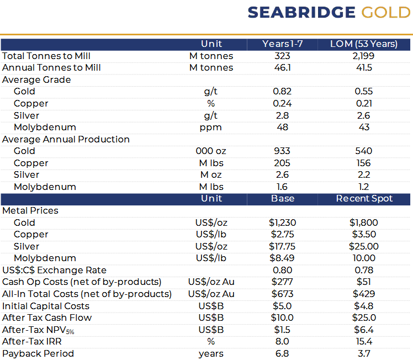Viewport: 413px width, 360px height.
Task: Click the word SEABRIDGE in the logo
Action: tap(301, 13)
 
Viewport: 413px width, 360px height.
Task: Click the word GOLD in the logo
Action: tap(386, 13)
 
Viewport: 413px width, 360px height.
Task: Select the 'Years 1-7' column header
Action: tap(282, 44)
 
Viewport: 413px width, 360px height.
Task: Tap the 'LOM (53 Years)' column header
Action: tap(363, 44)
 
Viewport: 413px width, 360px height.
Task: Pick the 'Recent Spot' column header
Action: tap(364, 199)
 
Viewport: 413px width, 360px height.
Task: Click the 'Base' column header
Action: tap(283, 199)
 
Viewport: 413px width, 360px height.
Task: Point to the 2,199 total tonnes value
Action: tap(363, 56)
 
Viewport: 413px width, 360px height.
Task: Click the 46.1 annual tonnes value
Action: tap(282, 68)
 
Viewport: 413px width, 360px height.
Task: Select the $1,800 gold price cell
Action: tap(363, 223)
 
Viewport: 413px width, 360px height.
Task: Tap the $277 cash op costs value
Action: tap(282, 282)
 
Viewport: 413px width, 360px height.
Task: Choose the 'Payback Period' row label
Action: tap(38, 353)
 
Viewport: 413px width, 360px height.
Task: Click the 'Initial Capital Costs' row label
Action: tap(46, 306)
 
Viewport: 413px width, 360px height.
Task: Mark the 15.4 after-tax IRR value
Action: tap(363, 342)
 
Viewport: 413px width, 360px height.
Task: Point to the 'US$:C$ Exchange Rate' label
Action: tap(54, 270)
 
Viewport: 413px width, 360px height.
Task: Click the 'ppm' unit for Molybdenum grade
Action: tap(211, 127)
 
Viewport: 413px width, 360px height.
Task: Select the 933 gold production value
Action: tap(282, 151)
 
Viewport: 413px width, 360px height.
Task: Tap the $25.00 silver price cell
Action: tap(363, 246)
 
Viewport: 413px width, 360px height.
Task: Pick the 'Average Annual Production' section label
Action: tap(66, 139)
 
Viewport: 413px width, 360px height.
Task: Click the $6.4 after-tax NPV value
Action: tap(363, 330)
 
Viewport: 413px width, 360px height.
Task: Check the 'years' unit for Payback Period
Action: tap(211, 353)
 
